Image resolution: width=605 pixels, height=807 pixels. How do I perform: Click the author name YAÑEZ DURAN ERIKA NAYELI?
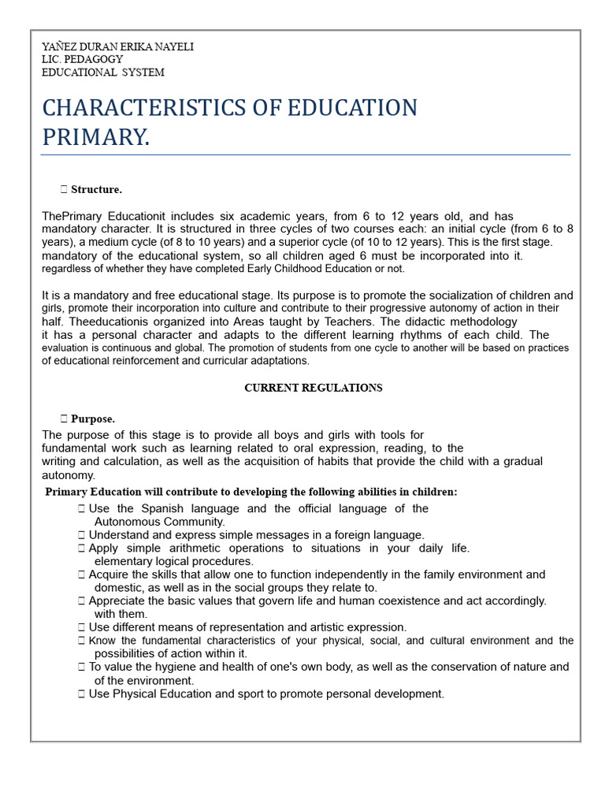[x=117, y=47]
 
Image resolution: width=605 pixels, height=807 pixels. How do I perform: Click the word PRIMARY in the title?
[x=94, y=137]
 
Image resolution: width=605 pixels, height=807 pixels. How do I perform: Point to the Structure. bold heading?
[x=96, y=190]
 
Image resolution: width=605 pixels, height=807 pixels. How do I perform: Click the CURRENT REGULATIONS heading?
[x=313, y=388]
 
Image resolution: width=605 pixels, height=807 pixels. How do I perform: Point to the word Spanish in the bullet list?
[x=167, y=508]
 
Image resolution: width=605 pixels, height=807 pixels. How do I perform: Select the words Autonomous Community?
[x=159, y=522]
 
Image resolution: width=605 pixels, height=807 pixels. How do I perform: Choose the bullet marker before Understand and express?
[x=82, y=535]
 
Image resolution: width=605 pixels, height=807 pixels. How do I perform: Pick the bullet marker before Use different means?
[x=82, y=627]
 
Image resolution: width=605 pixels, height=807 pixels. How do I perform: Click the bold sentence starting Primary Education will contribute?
[x=251, y=492]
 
